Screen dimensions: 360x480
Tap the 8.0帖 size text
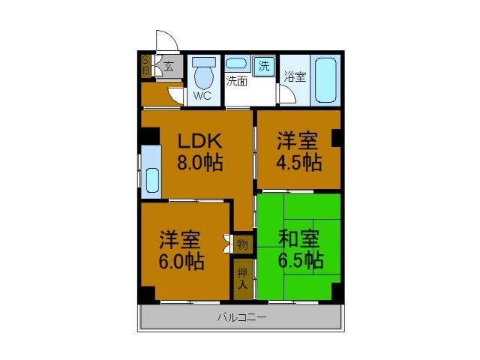tap(199, 163)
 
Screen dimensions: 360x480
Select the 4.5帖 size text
tap(298, 162)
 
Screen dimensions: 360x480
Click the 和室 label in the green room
tap(299, 239)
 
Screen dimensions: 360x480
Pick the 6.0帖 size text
tap(181, 261)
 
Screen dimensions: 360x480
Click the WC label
tap(202, 96)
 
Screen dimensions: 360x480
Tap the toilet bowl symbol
tap(202, 73)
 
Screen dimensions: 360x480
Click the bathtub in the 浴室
tap(325, 79)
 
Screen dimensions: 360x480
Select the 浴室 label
tap(295, 76)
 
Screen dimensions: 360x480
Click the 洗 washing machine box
tap(263, 65)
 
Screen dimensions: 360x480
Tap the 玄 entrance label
tap(170, 66)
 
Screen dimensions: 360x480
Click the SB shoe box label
tap(145, 66)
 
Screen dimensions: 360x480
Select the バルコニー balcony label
tap(241, 317)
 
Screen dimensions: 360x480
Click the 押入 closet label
tap(242, 278)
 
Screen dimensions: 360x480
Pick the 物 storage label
tap(242, 244)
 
